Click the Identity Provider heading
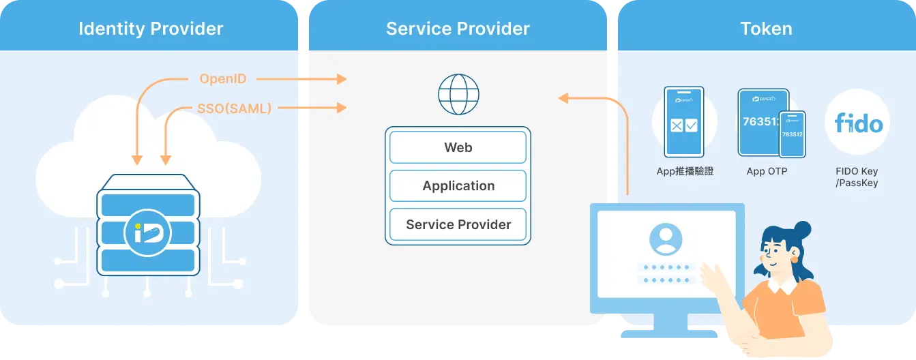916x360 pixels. pos(151,29)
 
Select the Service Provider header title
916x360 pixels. pos(458,29)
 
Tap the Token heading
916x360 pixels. pos(766,29)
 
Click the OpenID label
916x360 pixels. pos(222,79)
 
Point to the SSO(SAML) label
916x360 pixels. pos(234,108)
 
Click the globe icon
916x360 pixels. pos(458,94)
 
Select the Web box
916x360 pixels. pos(458,147)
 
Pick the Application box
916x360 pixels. pos(458,186)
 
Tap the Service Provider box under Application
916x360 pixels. pos(458,225)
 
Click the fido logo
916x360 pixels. pos(858,123)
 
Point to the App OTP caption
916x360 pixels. pos(767,172)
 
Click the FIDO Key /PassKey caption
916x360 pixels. pos(857,177)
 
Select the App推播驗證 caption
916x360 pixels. pos(685,172)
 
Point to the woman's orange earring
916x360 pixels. pos(795,258)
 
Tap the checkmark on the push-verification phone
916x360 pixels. pos(691,125)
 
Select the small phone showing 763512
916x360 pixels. pos(792,135)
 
